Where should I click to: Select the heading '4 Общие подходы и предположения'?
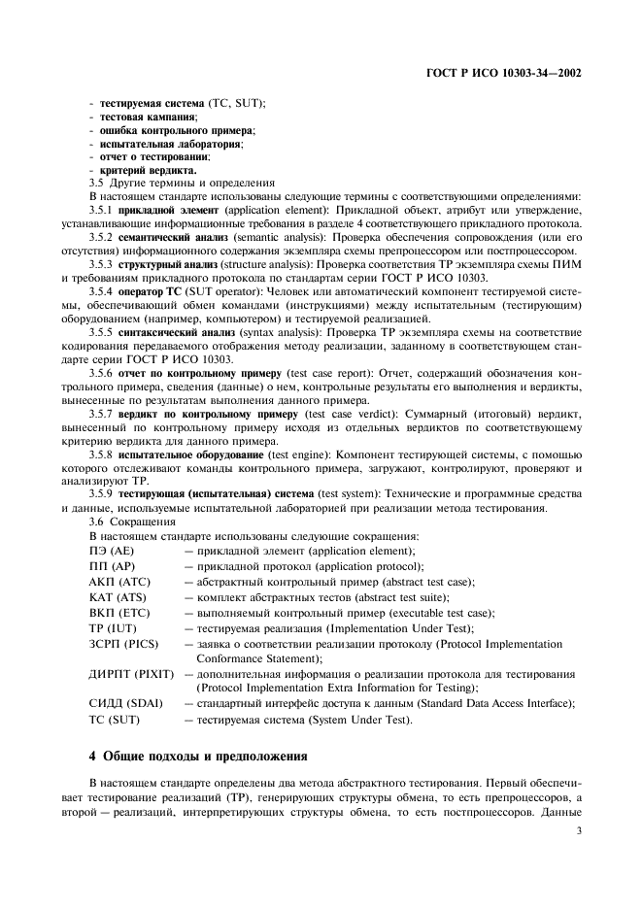(198, 755)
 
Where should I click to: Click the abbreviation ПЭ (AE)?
(112, 551)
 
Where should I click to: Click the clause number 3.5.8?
(101, 454)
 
